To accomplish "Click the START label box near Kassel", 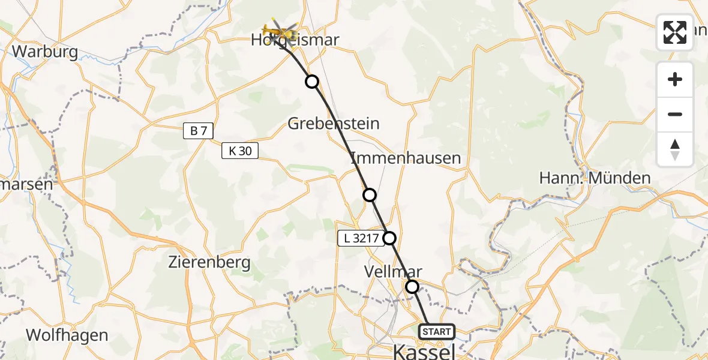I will coord(436,332).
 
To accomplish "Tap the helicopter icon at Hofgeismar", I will coord(280,31).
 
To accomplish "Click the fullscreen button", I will coord(675,32).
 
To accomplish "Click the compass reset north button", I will coord(675,149).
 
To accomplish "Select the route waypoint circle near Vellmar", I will coord(412,287).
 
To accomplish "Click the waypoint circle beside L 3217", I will coord(390,238).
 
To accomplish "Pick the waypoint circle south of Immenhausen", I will coord(370,195).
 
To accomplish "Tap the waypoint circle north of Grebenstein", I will coord(312,82).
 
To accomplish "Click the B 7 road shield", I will coord(199,131).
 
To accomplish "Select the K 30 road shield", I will coord(240,151).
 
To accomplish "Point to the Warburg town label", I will coord(45,52).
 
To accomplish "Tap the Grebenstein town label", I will coord(334,124).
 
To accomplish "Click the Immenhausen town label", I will coord(406,158).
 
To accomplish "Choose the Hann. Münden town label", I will coord(586,178).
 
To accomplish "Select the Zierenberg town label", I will coord(209,263).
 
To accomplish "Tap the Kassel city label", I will coord(424,351).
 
